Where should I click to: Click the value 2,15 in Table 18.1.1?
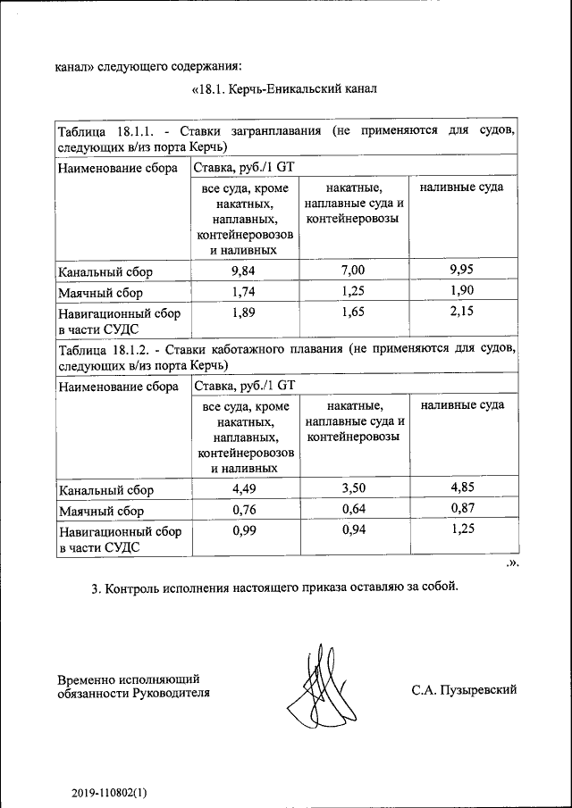[x=461, y=313]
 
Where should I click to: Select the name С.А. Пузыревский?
[x=464, y=689]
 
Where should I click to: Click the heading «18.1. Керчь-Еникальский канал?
[x=285, y=89]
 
